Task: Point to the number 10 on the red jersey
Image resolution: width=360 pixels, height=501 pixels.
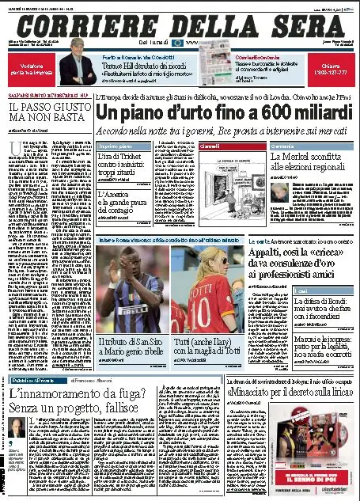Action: tap(197, 297)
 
